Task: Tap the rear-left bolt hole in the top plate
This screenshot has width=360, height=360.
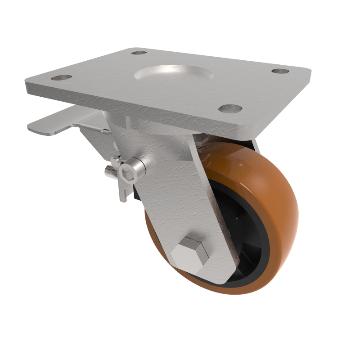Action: click(139, 53)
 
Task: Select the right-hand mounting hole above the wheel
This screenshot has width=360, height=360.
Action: click(280, 71)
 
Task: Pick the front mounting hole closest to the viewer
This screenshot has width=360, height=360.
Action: click(230, 108)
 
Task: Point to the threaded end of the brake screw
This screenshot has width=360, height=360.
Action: click(109, 171)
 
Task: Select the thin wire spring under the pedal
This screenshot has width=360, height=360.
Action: click(90, 127)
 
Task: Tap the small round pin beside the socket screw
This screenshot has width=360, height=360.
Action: click(116, 161)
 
